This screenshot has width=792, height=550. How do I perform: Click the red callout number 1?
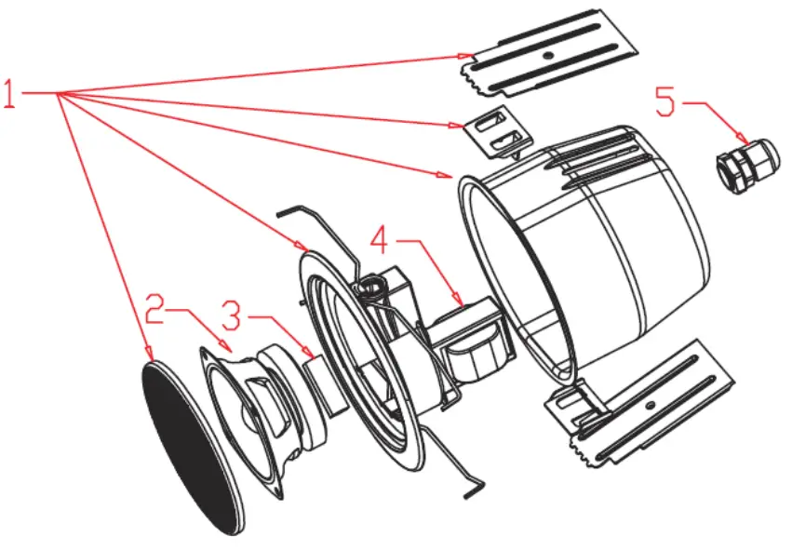10,94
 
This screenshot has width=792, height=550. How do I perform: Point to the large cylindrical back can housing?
596,242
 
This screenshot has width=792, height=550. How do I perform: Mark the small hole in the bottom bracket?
648,403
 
